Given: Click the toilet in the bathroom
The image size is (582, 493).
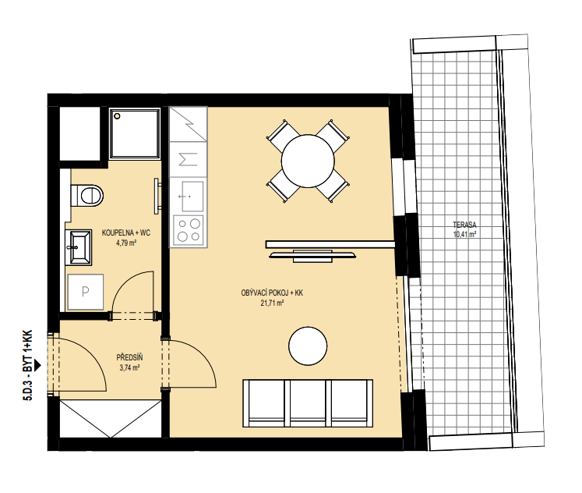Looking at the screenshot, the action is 86,195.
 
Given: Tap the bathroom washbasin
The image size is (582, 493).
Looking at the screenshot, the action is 79,247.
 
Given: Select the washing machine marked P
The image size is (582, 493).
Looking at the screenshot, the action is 86,292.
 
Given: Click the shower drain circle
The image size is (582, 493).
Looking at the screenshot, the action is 118,116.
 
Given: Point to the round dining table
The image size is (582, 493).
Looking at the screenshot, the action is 308,161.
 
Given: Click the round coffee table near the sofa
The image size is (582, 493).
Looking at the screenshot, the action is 308,346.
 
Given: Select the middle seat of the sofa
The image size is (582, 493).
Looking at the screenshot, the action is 308,403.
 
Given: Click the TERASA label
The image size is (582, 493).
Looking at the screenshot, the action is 464,225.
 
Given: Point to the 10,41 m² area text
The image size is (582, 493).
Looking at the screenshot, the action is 464,235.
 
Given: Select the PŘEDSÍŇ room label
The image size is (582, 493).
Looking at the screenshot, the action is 129,358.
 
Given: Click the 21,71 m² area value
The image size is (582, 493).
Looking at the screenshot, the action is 272,303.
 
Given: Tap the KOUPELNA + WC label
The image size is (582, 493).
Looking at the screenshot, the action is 126,233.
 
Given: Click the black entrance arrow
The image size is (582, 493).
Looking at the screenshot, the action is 37,366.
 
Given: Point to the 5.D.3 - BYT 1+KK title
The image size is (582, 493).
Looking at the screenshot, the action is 28,365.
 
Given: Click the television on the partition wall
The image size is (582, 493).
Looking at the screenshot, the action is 312,256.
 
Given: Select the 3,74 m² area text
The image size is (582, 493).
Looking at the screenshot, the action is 129,367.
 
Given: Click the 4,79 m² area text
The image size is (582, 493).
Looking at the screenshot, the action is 126,243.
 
